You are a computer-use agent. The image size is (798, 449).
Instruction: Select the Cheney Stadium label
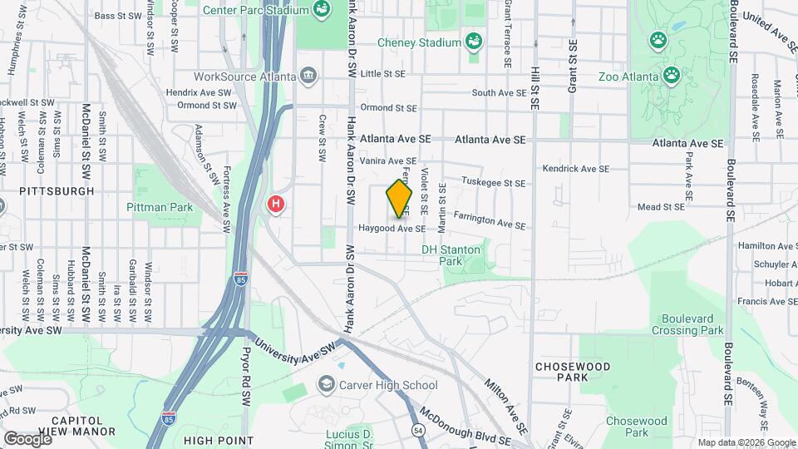pos(419,42)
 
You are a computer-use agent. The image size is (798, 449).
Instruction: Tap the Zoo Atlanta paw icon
pos(671,76)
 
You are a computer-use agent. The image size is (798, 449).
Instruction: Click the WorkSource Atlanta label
pos(244,76)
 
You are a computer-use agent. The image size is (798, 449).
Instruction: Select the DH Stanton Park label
pos(451,254)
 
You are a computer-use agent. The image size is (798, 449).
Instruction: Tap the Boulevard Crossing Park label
pos(693,324)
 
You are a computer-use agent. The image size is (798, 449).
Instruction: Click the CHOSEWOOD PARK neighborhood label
pos(573,372)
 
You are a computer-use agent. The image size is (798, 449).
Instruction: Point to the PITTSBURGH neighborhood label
pos(57,190)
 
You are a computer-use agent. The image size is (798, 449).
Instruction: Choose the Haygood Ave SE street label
pos(392,228)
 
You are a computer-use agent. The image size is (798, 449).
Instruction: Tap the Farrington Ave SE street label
pos(489,220)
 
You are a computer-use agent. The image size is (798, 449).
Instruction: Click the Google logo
pos(27,438)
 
